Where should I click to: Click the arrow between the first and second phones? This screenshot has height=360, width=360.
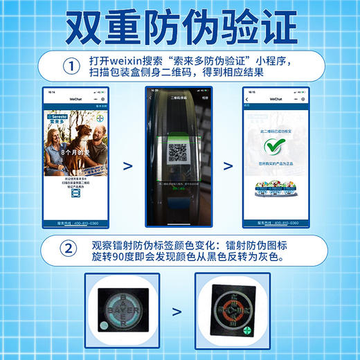127,165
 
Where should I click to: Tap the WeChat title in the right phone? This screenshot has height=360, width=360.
276,99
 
